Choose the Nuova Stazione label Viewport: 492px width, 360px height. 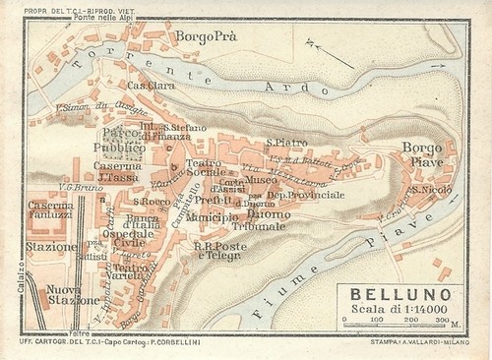pyautogui.click(x=63, y=297)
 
